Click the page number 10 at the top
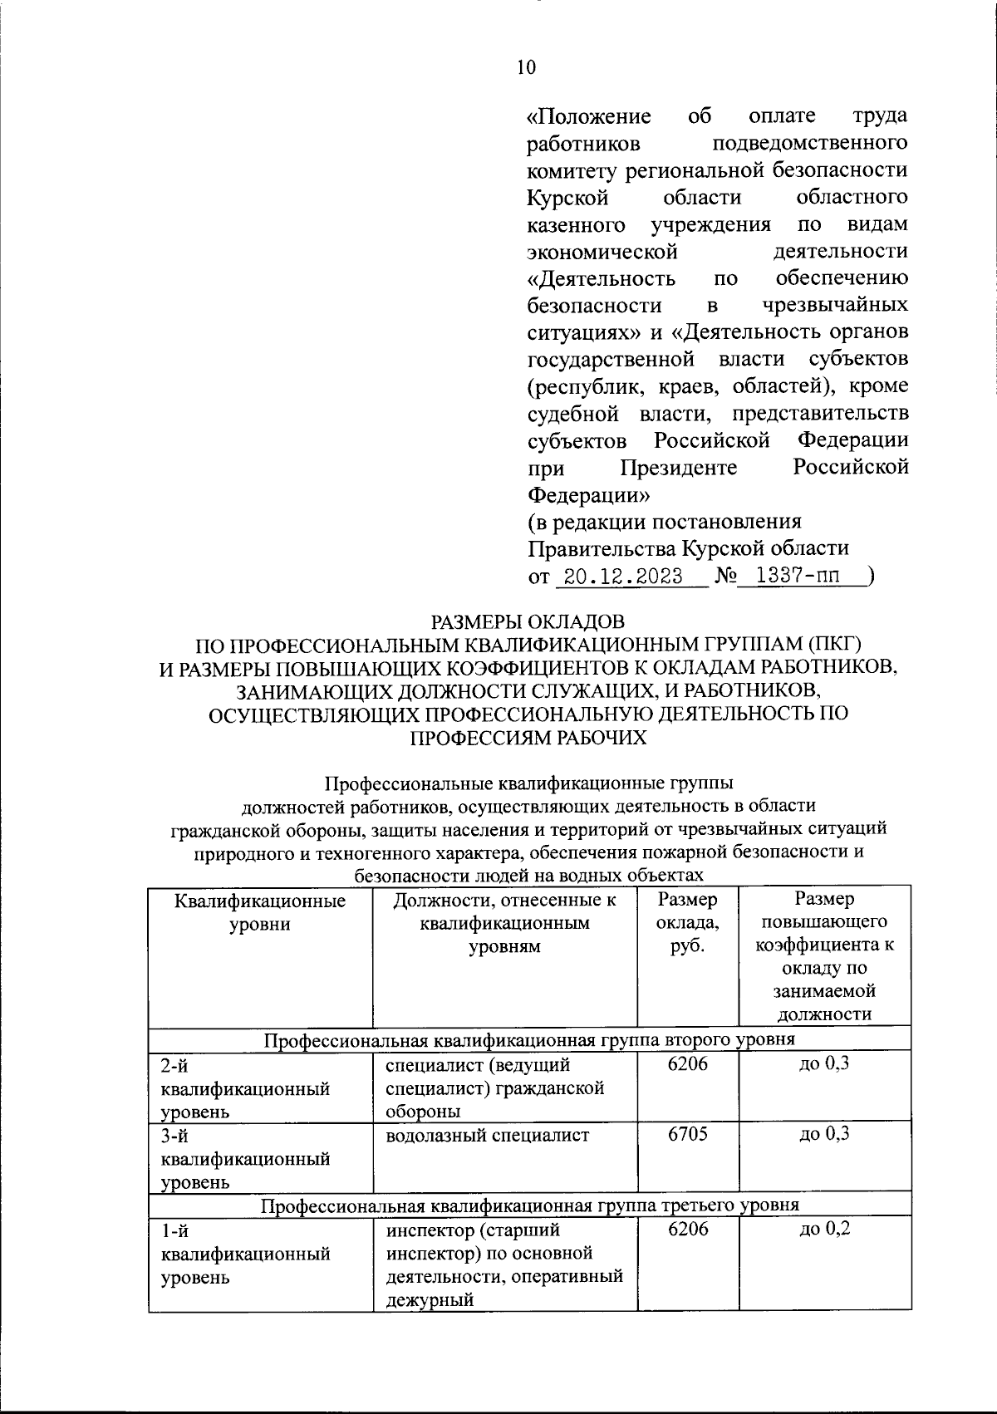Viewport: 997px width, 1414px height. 526,68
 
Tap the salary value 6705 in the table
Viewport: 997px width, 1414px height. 688,1134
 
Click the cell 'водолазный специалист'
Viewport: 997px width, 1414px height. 488,1135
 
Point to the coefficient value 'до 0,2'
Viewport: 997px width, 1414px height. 824,1228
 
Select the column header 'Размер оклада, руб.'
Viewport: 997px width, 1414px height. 688,922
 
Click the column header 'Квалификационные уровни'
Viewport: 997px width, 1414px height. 260,911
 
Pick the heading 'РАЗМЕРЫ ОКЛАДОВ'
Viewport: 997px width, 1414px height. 527,621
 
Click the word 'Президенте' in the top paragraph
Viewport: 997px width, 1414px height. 679,469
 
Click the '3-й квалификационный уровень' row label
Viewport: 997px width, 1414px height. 246,1158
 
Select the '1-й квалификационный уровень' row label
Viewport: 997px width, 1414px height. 246,1253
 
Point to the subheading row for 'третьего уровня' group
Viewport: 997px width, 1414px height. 530,1205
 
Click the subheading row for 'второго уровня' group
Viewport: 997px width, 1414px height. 530,1039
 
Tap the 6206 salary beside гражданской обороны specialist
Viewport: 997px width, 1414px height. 688,1063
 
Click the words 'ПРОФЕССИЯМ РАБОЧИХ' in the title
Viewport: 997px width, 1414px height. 529,737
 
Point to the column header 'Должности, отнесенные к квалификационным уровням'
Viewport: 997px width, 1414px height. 504,922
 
